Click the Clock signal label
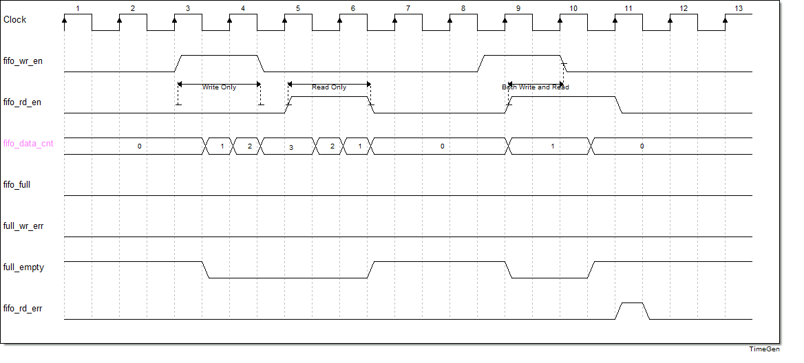[15, 20]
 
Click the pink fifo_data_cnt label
[30, 144]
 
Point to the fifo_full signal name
[17, 185]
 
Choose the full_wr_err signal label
[23, 226]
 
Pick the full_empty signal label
[24, 267]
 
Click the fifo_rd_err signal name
[23, 309]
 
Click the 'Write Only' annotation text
[219, 87]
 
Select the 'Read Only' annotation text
[329, 87]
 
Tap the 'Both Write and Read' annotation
[536, 87]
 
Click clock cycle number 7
[408, 9]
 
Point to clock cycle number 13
[739, 9]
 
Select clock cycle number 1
[78, 9]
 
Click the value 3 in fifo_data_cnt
[290, 147]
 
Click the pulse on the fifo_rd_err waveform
[632, 303]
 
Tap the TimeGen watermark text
[764, 349]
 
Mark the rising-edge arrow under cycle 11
[615, 21]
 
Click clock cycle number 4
[243, 9]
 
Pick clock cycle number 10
[573, 9]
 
